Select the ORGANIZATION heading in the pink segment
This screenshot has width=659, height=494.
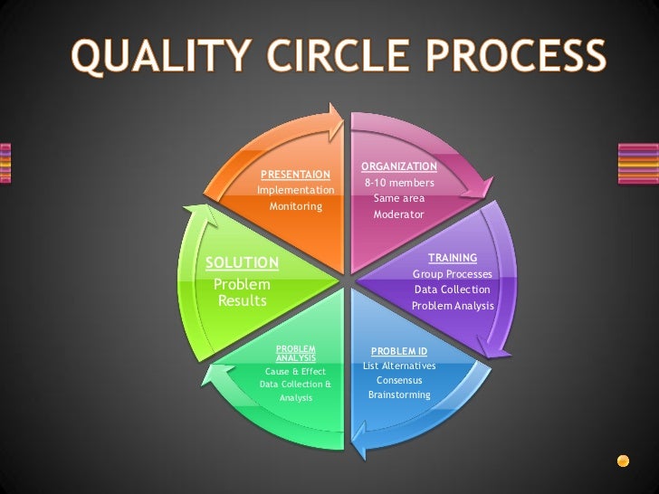pyautogui.click(x=399, y=166)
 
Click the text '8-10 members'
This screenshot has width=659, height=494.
pyautogui.click(x=399, y=183)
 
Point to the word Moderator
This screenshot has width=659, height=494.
pyautogui.click(x=398, y=214)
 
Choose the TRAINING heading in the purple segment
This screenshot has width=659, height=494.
pyautogui.click(x=453, y=258)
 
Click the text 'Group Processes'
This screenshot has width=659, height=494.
pyautogui.click(x=453, y=273)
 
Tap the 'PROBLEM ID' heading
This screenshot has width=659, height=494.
pyautogui.click(x=399, y=351)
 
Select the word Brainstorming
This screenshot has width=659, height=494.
pyautogui.click(x=399, y=395)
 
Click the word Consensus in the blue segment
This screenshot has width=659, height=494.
pyautogui.click(x=399, y=381)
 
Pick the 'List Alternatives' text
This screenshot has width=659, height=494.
pyautogui.click(x=399, y=366)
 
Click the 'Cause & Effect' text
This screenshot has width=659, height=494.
pyautogui.click(x=295, y=371)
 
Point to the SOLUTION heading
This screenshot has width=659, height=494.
pyautogui.click(x=242, y=263)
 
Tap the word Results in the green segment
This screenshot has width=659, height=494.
pyautogui.click(x=243, y=300)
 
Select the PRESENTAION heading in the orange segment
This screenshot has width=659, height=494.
pyautogui.click(x=295, y=174)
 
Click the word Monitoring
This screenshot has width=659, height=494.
pyautogui.click(x=295, y=206)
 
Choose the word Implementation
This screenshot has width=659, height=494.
pyautogui.click(x=295, y=190)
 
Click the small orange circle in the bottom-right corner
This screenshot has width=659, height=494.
pyautogui.click(x=623, y=461)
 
